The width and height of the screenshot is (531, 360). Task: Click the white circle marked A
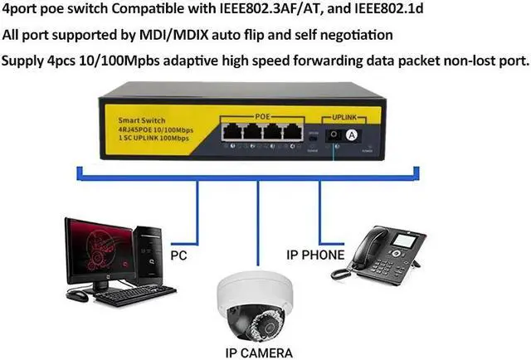tap(352, 134)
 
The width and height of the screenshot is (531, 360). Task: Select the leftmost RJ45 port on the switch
tap(230, 131)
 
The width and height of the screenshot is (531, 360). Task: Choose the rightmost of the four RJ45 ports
tap(290, 131)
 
